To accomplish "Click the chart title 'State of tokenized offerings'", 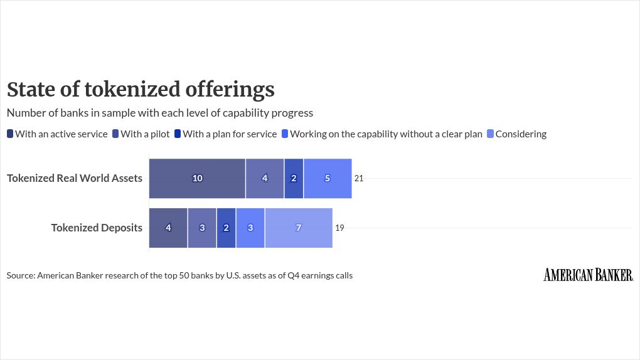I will click(x=141, y=89).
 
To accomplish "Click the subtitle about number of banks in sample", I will click(x=159, y=113).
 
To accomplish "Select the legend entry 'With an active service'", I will click(x=57, y=134).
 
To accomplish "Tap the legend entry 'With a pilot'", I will click(x=141, y=134).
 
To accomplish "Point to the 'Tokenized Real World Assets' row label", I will click(x=75, y=178).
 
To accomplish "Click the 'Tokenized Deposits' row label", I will click(x=97, y=228).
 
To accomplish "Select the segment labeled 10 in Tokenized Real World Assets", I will click(x=197, y=178).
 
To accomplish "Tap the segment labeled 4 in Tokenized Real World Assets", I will click(x=265, y=178).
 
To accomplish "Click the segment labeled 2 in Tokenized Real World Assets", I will click(x=294, y=178).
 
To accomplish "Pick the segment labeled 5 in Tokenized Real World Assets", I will click(x=328, y=178).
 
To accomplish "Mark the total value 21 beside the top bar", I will click(x=359, y=178).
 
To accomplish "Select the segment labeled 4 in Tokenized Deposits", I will click(x=168, y=228).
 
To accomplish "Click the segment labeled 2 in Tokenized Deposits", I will click(x=226, y=228).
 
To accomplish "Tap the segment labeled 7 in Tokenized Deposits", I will click(x=299, y=228).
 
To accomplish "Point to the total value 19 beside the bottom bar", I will click(x=339, y=228).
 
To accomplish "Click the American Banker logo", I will click(x=588, y=275).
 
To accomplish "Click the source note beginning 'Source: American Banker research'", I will click(x=179, y=275).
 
